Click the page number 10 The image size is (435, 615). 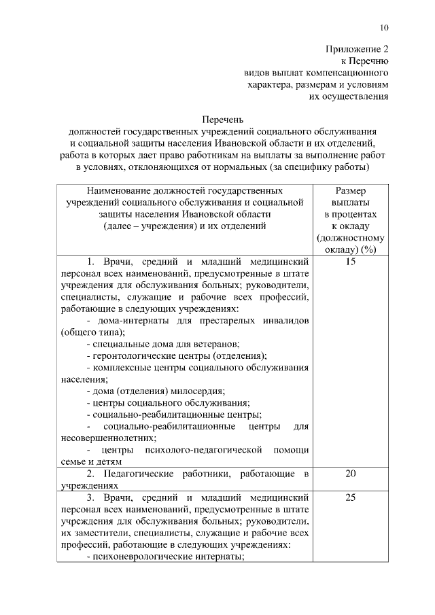pos(384,28)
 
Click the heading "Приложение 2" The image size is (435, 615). pos(357,49)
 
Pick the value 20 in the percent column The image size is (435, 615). pos(350,474)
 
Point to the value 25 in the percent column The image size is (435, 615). pos(350,497)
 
